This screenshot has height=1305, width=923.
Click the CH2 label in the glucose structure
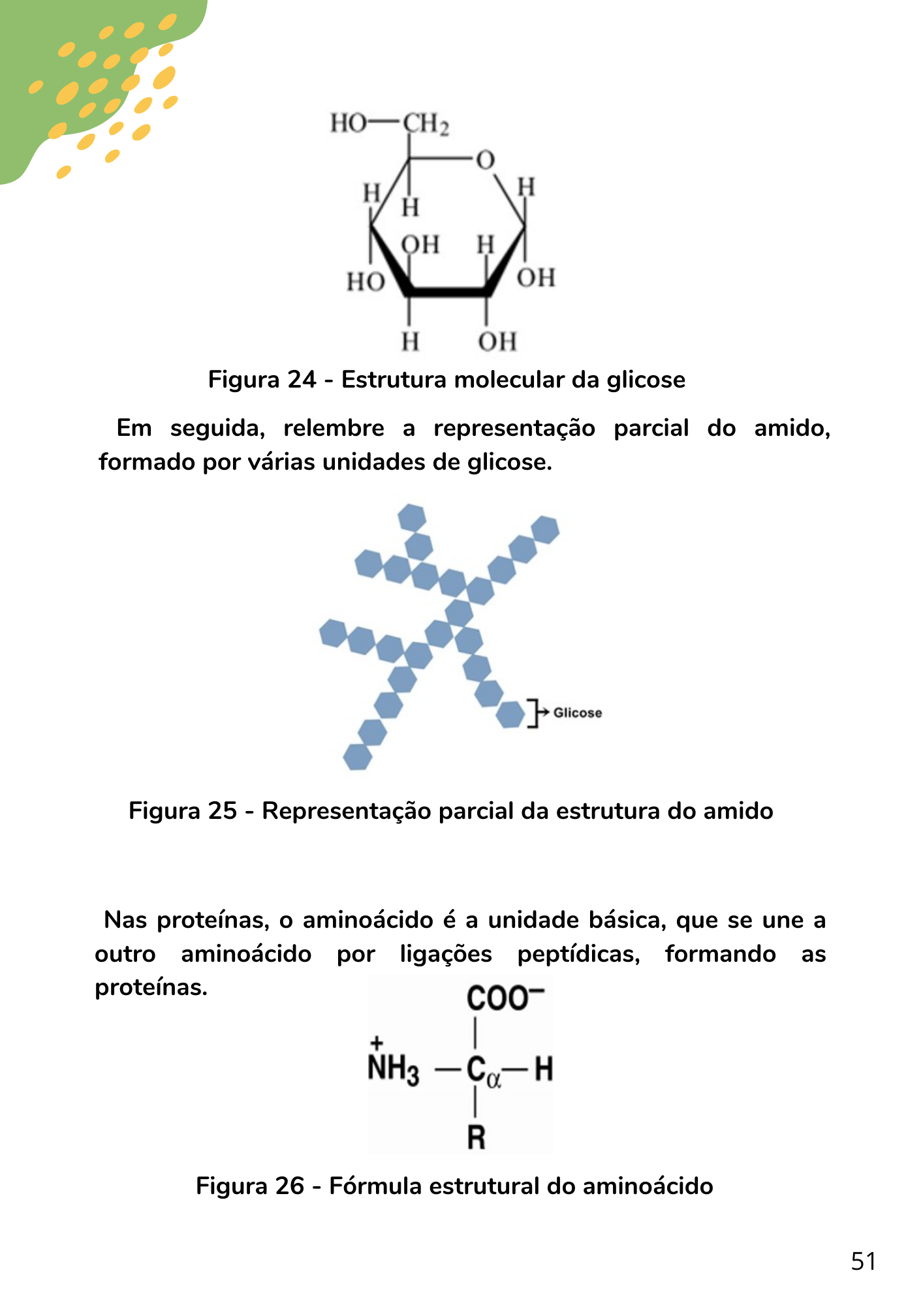coord(426,123)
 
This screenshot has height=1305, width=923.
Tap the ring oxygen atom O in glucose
coord(485,161)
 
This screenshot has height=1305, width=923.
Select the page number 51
coord(863,1261)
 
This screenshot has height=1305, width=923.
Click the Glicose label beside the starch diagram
coord(578,713)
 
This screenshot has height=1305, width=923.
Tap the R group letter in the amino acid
coord(477,1137)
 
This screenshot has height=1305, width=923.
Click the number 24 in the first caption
coord(302,379)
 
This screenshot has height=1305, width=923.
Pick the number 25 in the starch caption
coord(223,810)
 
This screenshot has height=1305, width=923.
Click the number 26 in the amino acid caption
coord(290,1186)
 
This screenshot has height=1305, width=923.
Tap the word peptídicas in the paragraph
coord(578,954)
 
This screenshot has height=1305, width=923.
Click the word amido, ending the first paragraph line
coord(792,428)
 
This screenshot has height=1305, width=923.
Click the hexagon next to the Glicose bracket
coord(510,714)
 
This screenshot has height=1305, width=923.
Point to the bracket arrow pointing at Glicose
coord(538,713)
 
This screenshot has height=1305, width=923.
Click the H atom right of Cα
coord(544,1069)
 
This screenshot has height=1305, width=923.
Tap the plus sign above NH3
coord(376,1042)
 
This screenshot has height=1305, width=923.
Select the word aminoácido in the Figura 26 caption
coord(648,1186)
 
